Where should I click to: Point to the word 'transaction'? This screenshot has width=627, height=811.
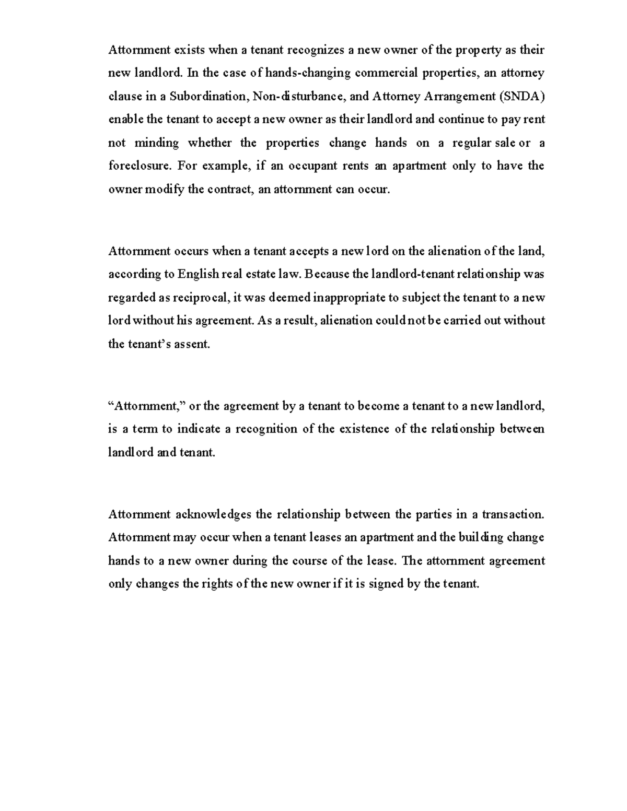click(513, 514)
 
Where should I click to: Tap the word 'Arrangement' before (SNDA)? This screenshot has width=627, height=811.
click(461, 97)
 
